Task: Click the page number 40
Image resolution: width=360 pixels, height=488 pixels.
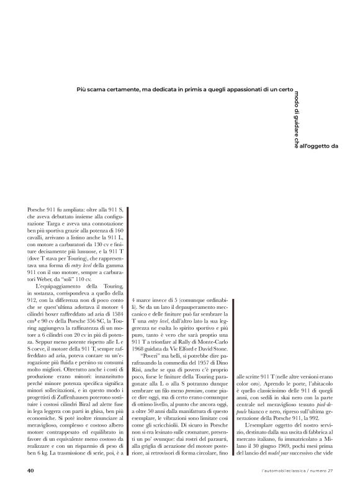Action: click(30, 469)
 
